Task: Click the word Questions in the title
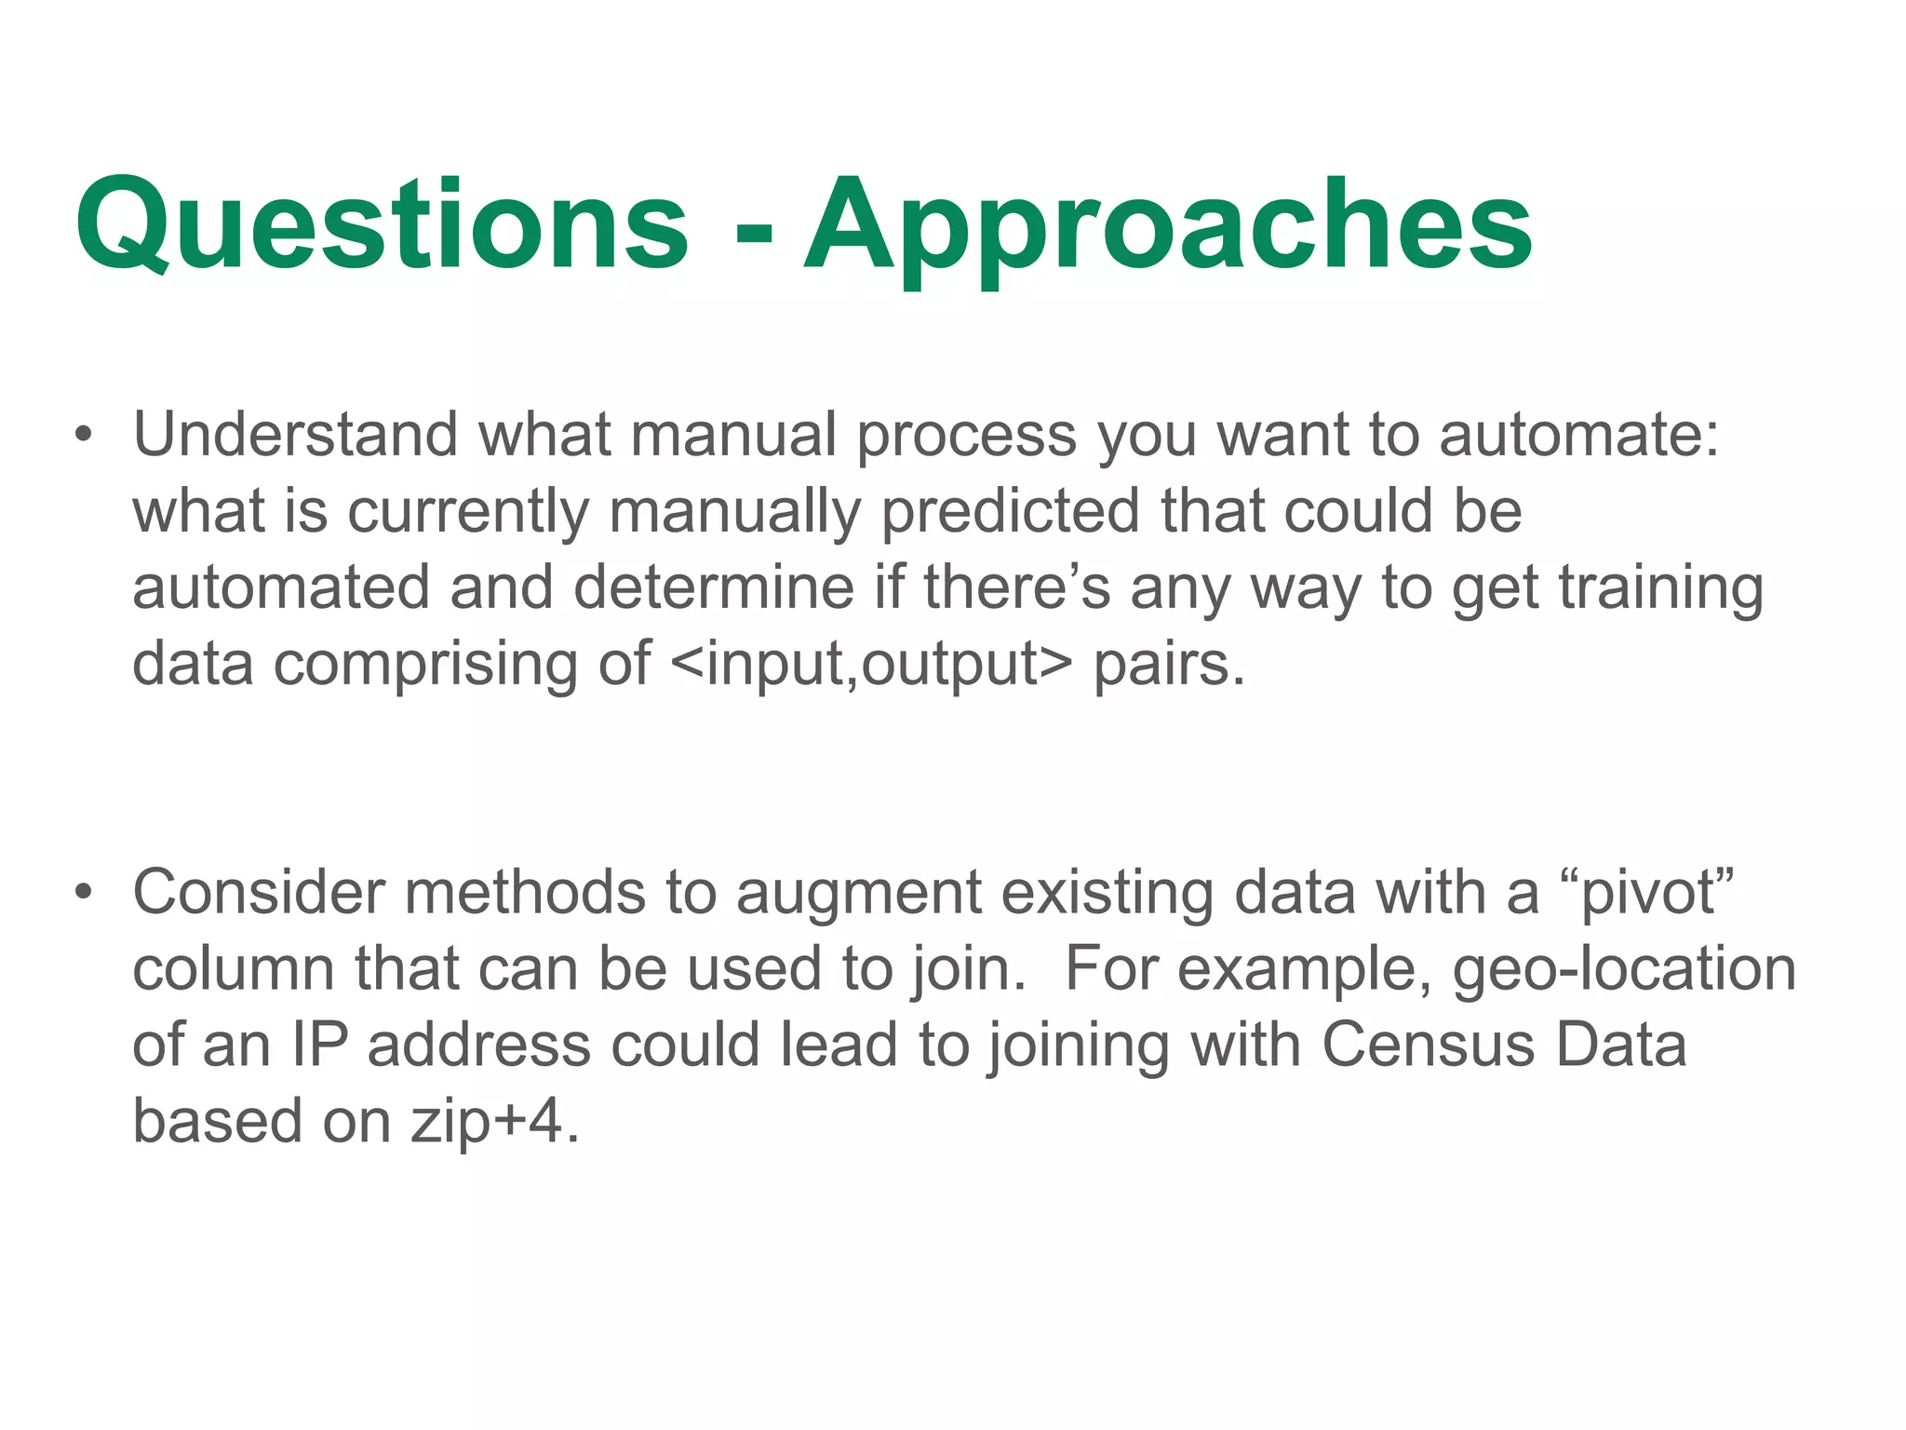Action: point(382,225)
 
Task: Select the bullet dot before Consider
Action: point(84,892)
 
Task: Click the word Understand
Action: point(295,435)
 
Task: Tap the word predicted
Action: point(1009,512)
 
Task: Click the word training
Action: point(1660,589)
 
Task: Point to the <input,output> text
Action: point(870,665)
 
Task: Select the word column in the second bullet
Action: point(234,969)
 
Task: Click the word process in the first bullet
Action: point(966,437)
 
